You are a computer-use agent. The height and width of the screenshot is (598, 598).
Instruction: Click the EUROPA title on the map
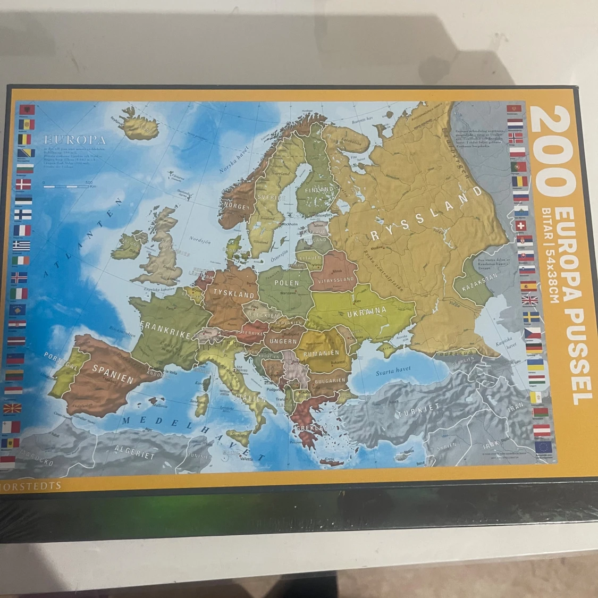point(75,140)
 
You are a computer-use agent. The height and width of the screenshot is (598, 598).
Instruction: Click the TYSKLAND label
point(234,294)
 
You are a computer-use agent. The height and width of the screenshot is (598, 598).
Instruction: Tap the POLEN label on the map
point(287,283)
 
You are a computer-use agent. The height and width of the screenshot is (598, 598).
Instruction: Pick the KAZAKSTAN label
point(479,282)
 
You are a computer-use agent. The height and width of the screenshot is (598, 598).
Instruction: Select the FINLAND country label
point(319,189)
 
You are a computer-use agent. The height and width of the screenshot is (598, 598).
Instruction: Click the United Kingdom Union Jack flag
point(529,301)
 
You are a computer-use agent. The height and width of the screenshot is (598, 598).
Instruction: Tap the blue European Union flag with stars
point(543,447)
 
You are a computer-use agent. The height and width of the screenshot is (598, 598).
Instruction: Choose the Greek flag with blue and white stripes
point(22,246)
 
